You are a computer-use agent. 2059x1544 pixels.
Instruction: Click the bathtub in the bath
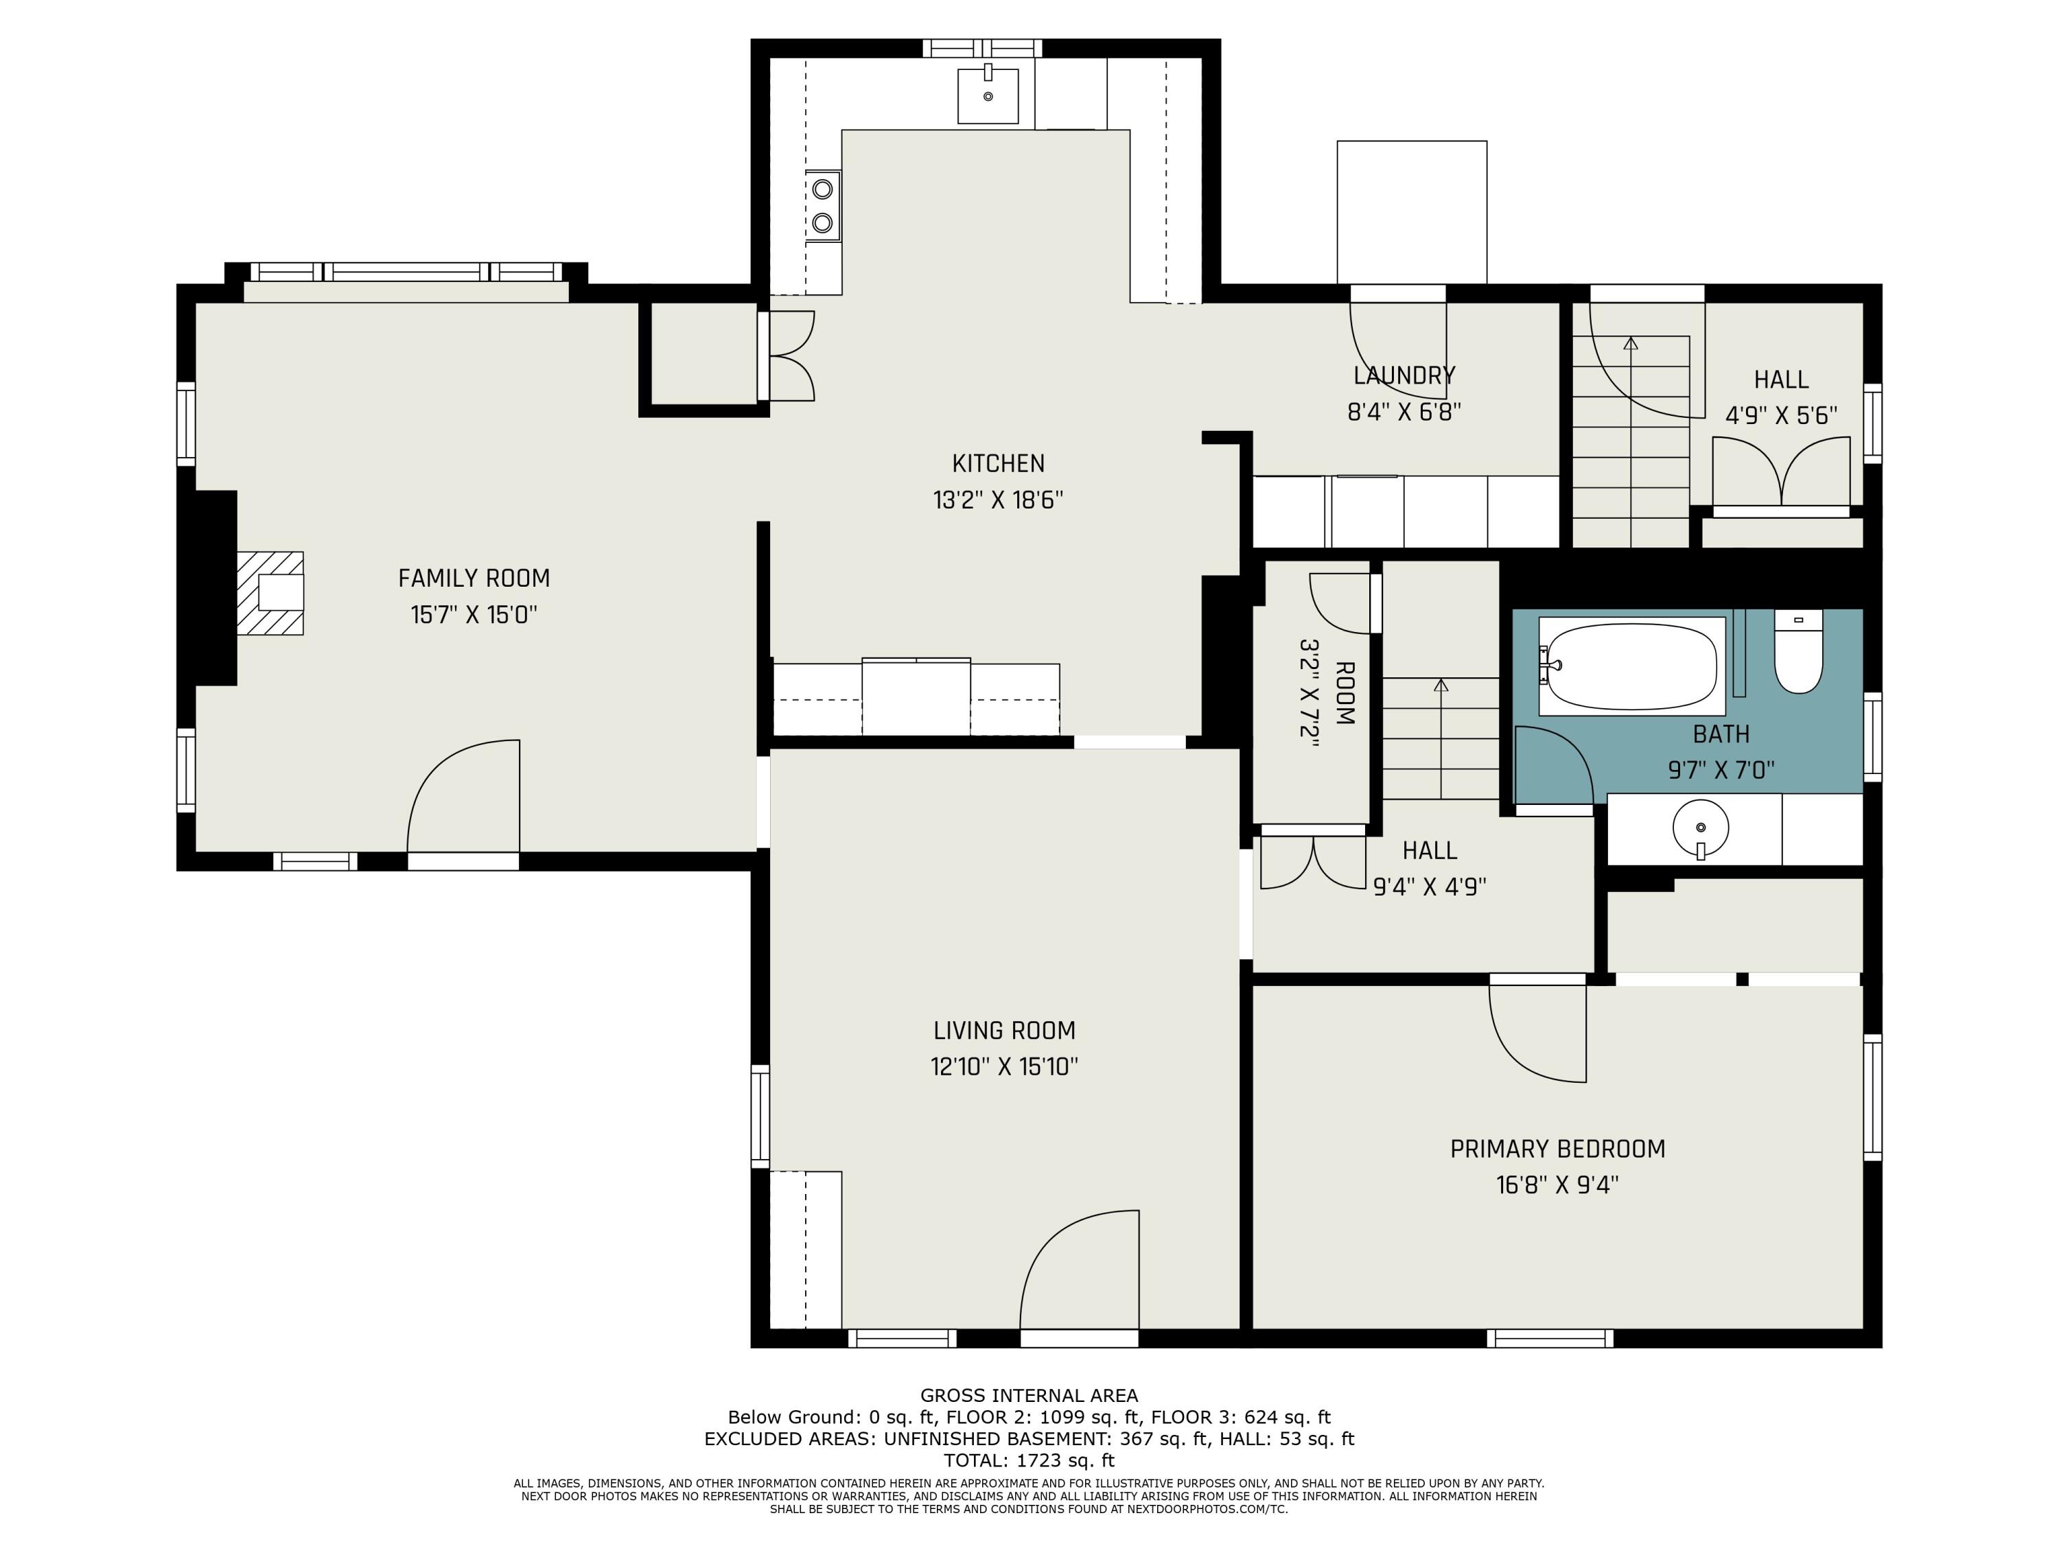1631,666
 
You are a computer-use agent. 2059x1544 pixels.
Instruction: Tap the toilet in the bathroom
1798,651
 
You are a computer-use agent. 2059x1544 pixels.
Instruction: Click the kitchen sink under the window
988,95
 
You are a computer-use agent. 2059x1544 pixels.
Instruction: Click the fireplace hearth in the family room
270,593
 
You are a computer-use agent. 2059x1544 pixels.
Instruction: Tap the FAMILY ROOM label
474,579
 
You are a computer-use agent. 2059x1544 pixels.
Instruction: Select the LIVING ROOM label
1004,1030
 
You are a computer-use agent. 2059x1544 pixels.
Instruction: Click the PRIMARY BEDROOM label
1557,1149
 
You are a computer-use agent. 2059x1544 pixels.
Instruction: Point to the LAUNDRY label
1404,375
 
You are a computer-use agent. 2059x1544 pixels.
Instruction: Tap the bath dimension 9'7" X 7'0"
1721,771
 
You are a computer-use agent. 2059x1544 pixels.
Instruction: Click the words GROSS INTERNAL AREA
1029,1395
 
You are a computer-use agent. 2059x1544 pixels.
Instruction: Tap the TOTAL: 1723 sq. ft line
1029,1460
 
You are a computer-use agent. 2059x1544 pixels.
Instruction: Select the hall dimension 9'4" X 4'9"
1430,887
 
